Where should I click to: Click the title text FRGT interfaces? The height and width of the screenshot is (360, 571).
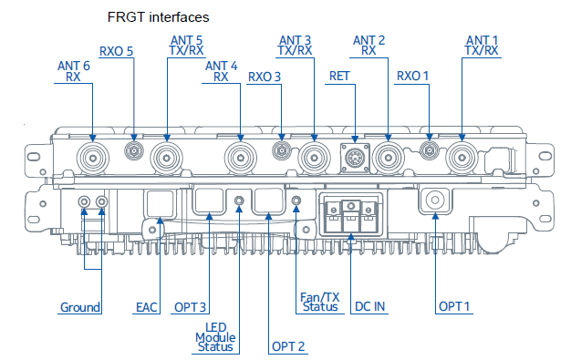coord(158,16)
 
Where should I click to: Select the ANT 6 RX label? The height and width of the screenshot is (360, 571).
coord(74,71)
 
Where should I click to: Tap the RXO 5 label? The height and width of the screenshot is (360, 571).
coord(116,51)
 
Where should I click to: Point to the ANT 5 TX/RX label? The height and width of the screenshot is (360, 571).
coord(187,46)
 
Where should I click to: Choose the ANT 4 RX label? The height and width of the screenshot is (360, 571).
coord(221,71)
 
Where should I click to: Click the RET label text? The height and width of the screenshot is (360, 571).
coord(339,76)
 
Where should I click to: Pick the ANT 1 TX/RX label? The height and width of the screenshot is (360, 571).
coord(482,46)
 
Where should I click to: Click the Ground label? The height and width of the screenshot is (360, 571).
coord(79,307)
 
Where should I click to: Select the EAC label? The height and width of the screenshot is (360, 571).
coord(148,307)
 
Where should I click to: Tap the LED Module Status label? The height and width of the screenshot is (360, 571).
coord(215,337)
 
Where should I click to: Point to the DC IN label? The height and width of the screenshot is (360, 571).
coord(369,307)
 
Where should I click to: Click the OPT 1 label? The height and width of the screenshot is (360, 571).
coord(453,307)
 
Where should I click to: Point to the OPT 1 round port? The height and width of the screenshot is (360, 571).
coord(434,199)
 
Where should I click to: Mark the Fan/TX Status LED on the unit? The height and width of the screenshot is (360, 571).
coord(296,200)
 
